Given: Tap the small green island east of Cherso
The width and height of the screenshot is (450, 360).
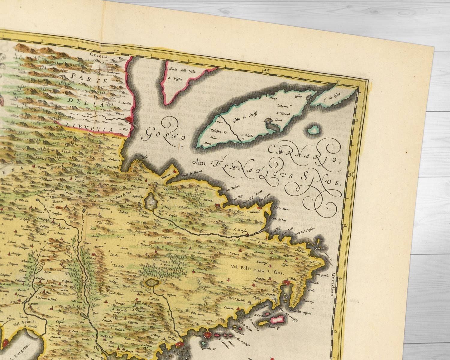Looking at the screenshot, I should click(314, 130).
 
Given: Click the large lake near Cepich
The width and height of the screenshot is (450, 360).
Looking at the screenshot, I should click(150, 198).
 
